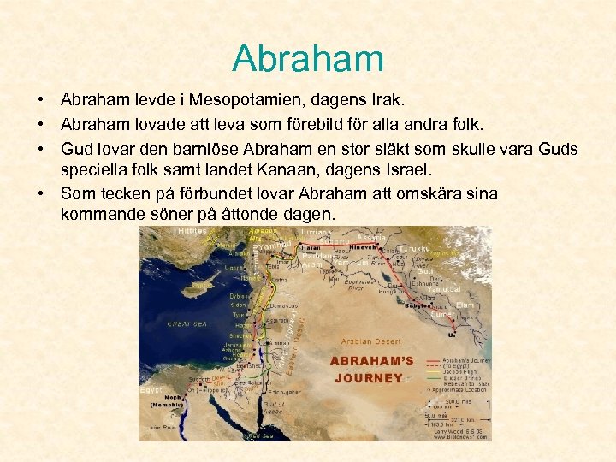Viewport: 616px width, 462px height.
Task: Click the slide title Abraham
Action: click(x=308, y=58)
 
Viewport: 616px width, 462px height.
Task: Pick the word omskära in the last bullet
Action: click(x=443, y=193)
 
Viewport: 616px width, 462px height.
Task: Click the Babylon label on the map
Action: click(x=419, y=305)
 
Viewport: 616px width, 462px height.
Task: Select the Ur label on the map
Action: click(x=452, y=335)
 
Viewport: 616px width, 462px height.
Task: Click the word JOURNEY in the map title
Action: click(x=369, y=377)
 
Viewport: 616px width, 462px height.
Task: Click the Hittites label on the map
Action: click(x=192, y=231)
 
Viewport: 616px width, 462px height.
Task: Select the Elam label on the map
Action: click(x=465, y=304)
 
